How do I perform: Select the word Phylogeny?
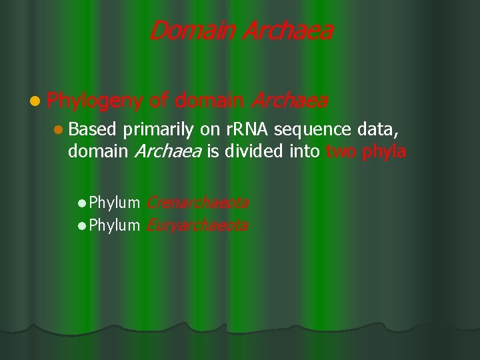point(95,101)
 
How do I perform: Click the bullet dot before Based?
point(59,129)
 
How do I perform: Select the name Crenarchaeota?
point(197,202)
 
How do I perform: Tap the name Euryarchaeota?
point(197,225)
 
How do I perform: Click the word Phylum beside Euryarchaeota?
point(114,225)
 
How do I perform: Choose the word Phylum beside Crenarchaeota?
point(114,202)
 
